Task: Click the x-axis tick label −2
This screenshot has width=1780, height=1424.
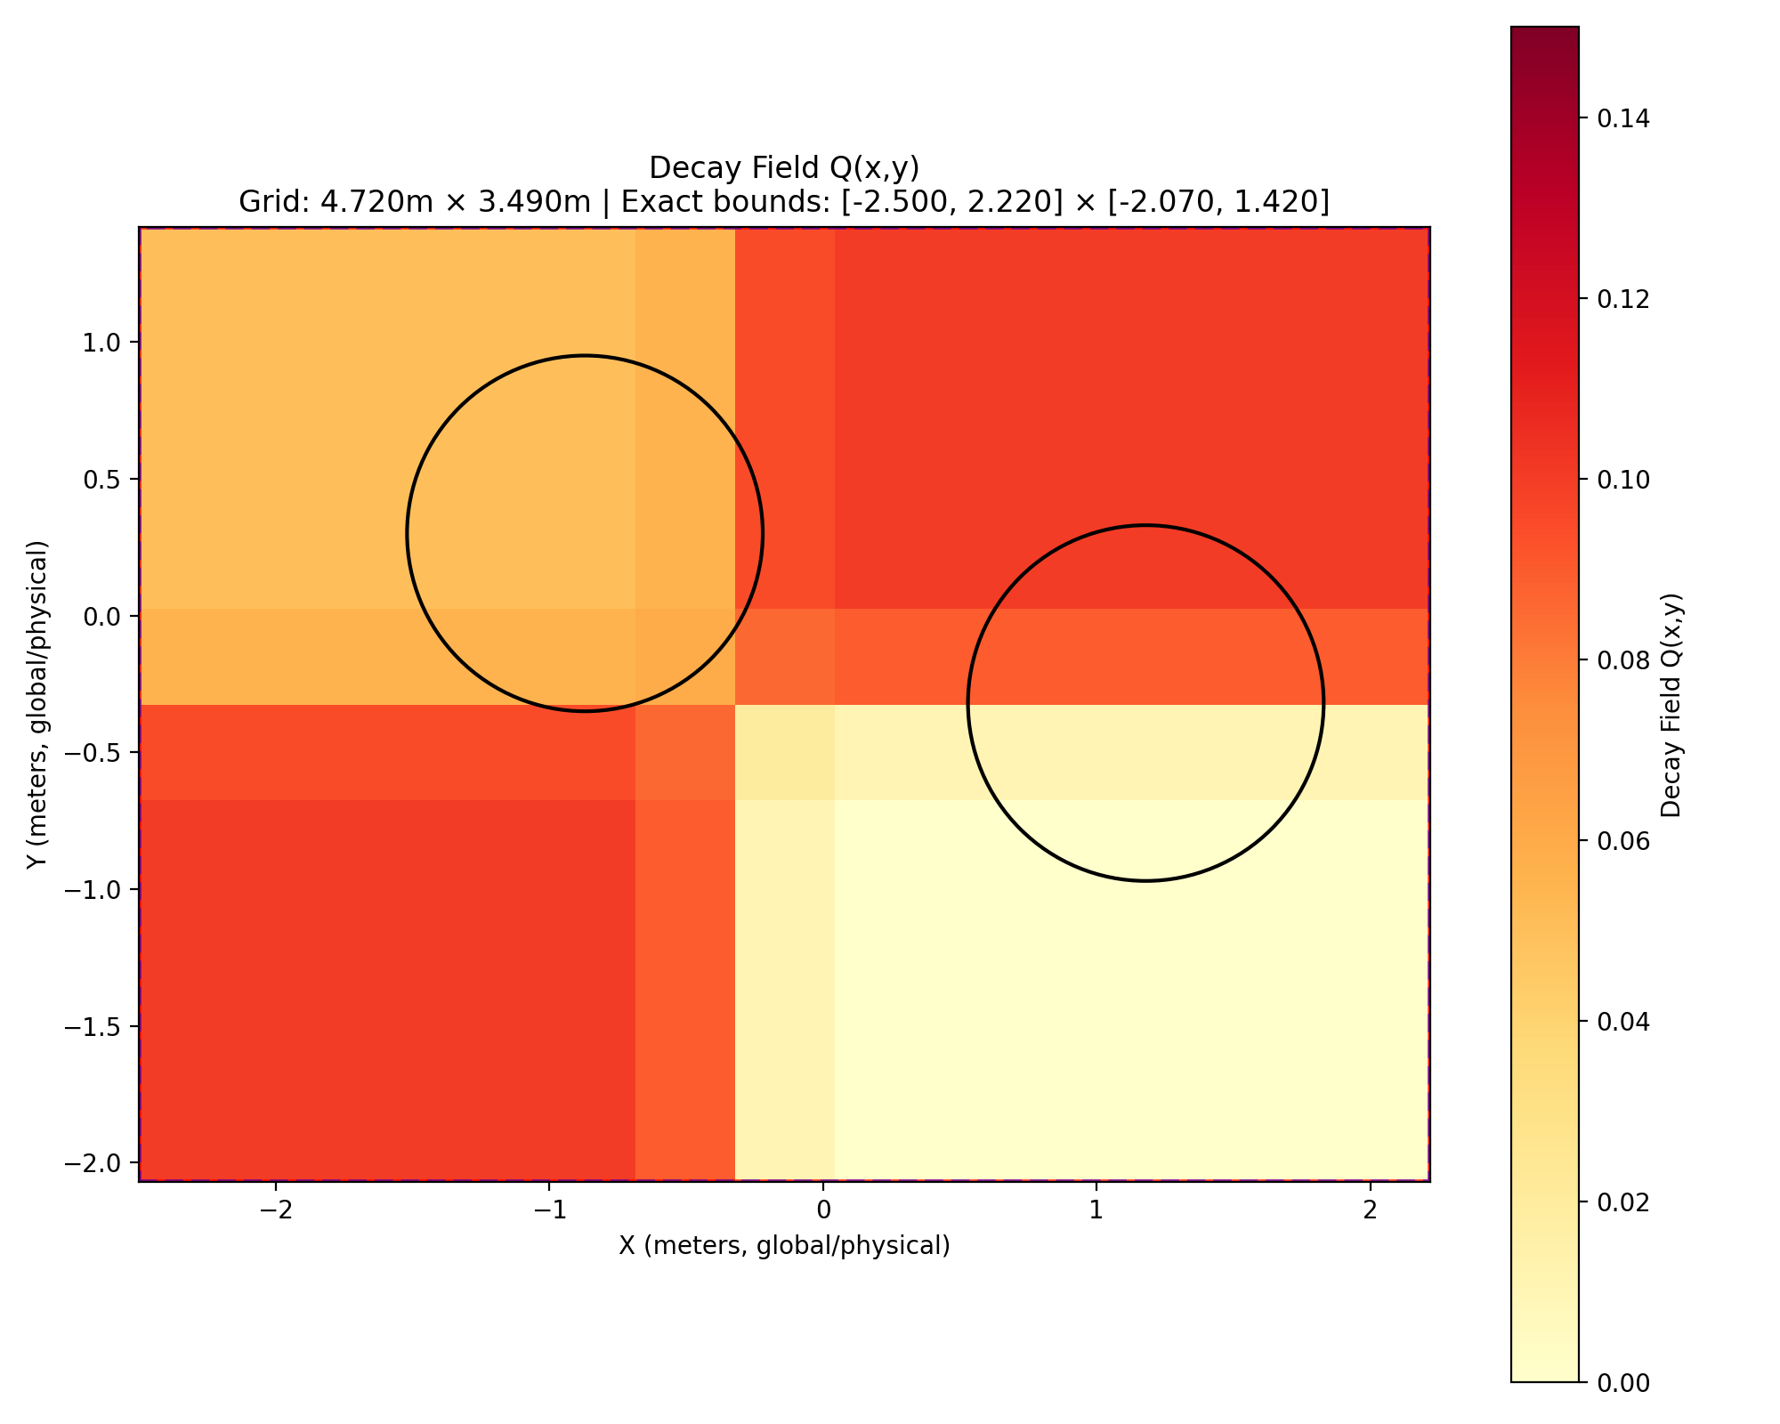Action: point(275,1211)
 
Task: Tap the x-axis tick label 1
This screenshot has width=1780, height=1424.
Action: point(1096,1211)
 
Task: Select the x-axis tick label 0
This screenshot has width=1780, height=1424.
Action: point(823,1211)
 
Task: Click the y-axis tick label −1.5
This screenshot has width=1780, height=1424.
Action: point(100,1027)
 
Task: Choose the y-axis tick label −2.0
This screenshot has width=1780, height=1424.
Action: point(100,1164)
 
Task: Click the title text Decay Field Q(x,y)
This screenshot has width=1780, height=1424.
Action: point(783,167)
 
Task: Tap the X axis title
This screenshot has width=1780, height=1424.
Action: point(784,1246)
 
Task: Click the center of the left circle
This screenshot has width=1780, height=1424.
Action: point(585,533)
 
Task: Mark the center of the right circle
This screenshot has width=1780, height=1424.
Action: point(1145,703)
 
